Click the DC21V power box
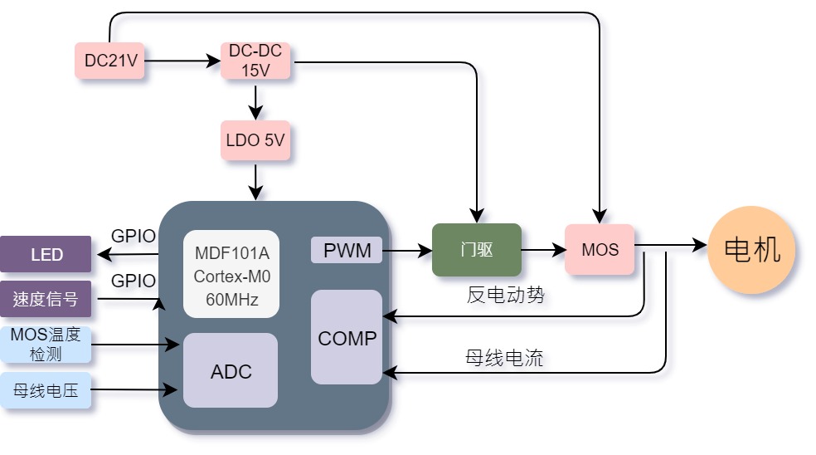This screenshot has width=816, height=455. (109, 61)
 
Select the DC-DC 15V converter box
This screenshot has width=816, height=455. (255, 61)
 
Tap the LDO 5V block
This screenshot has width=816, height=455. (255, 140)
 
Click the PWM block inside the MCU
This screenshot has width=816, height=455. (347, 250)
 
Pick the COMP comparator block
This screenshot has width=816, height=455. (347, 337)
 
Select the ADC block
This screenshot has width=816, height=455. (231, 370)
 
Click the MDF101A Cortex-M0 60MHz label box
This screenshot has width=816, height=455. (231, 274)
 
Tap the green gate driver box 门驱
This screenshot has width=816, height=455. (477, 250)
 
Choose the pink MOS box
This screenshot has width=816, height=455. (600, 250)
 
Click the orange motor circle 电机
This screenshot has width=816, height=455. (751, 250)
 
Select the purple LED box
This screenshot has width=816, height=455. (46, 254)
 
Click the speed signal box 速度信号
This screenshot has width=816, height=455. (46, 299)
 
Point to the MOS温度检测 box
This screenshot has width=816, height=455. (46, 344)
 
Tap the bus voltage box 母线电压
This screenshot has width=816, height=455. (46, 390)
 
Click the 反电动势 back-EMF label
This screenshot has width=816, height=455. (505, 295)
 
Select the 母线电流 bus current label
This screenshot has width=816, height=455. (504, 358)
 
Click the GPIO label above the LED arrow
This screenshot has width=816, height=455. (134, 236)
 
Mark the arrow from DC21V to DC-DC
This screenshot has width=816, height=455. (182, 61)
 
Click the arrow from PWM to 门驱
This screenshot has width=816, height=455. (407, 251)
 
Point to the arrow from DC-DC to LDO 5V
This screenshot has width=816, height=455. (255, 103)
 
